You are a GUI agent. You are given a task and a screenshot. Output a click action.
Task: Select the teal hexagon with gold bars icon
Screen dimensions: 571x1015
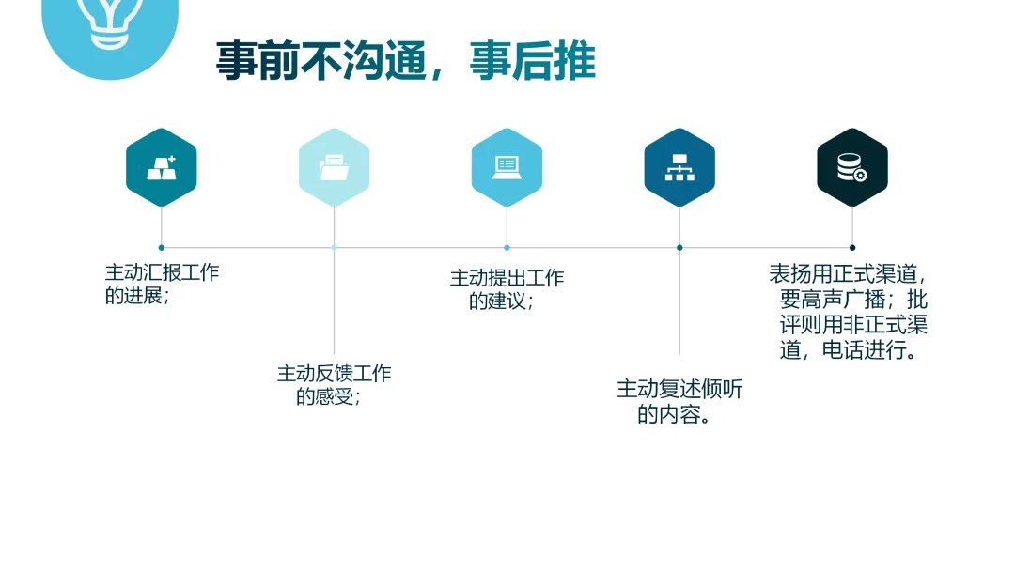pos(162,167)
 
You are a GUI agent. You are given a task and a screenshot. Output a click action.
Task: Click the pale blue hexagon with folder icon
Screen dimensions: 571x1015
pos(334,167)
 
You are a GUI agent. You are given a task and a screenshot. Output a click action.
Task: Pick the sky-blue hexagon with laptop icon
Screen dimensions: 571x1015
pos(507,167)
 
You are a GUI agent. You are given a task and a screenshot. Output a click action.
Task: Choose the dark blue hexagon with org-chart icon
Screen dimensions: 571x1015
pos(679,167)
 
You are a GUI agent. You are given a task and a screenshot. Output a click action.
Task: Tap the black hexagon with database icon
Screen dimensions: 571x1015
pos(852,167)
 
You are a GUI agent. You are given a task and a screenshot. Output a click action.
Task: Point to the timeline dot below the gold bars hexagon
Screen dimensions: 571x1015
pos(162,248)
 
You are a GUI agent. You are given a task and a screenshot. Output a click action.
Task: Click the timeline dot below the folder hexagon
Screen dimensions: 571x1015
pos(334,248)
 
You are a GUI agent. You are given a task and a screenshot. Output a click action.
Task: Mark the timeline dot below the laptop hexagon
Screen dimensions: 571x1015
pos(507,248)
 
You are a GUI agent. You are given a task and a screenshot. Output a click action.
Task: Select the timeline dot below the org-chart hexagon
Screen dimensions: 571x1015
pos(679,248)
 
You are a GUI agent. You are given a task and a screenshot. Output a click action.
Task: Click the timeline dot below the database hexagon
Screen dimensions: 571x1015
pos(852,248)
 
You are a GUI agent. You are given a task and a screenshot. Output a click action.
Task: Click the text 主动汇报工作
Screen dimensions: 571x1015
pos(162,273)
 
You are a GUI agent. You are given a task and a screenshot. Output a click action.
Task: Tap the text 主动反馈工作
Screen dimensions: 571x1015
pos(334,374)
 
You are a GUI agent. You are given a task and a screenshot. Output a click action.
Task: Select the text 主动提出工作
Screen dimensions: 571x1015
pos(507,278)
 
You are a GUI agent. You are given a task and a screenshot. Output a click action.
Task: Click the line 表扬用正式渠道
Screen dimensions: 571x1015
pos(848,274)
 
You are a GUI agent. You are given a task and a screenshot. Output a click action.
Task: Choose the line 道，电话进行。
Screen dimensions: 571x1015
pos(849,351)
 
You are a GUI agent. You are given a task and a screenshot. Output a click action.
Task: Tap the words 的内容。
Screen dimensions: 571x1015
pos(674,415)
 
